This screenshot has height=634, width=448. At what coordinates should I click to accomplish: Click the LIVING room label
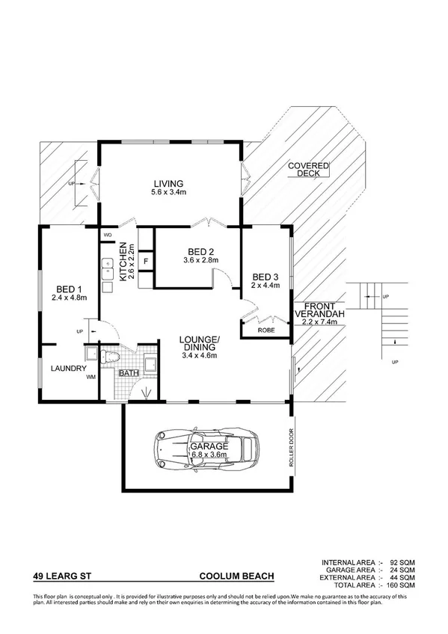[x=168, y=184]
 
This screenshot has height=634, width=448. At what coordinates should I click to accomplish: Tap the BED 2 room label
[x=201, y=251]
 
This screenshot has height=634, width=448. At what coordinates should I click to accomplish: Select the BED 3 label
[x=266, y=274]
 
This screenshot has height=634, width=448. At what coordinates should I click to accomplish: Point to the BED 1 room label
[x=70, y=288]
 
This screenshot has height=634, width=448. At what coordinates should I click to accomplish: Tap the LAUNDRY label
[x=70, y=369]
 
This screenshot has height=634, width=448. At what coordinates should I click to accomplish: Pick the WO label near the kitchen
[x=108, y=234]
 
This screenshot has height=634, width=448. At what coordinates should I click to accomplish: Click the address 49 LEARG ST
[x=64, y=576]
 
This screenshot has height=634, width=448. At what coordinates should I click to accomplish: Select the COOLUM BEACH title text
[x=236, y=576]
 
